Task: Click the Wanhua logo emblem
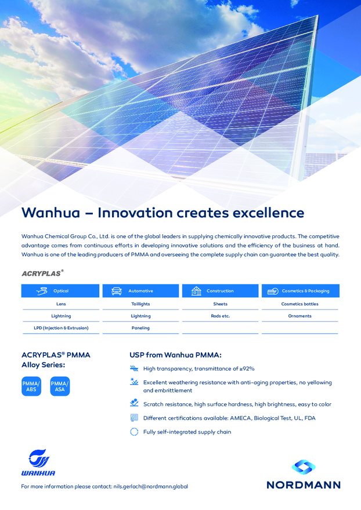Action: coord(39,458)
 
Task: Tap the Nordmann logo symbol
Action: coord(304,467)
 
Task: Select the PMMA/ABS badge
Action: coord(31,387)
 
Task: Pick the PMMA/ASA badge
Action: coord(60,387)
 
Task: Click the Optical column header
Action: coord(60,291)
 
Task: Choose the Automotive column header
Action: coord(141,291)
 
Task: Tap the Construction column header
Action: coord(220,291)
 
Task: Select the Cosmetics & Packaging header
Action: coord(301,291)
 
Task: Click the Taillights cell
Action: coord(141,304)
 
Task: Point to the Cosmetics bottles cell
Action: coord(299,304)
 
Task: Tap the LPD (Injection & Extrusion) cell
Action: coord(62,328)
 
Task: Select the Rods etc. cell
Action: coord(220,316)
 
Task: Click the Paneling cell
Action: coord(141,328)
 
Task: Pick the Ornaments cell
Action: coord(299,316)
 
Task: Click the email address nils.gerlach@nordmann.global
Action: coord(150,487)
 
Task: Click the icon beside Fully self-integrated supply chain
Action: coord(134,432)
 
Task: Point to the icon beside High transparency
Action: coord(134,369)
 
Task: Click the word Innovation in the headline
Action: coord(135,213)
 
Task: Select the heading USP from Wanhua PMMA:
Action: coord(176,355)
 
